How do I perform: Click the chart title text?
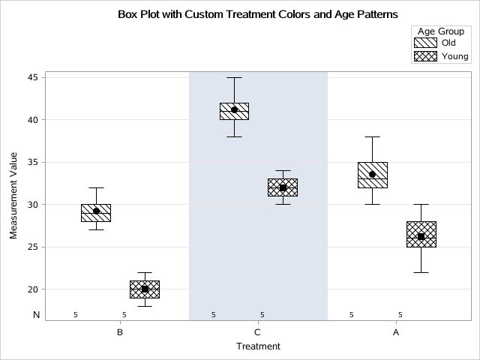tap(258, 14)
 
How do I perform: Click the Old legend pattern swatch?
tap(424, 43)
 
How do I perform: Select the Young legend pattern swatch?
tap(424, 56)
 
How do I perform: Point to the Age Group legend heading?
tap(440, 30)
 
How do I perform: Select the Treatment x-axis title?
tap(258, 346)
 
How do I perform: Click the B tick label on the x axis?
tap(120, 331)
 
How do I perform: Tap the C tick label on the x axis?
tap(258, 331)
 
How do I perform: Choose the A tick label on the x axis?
tap(396, 331)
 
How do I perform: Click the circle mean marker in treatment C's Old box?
tap(234, 109)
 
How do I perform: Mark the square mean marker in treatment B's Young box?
tap(145, 289)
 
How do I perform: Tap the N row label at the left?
tap(35, 315)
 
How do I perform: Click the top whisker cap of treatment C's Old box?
tap(234, 77)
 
